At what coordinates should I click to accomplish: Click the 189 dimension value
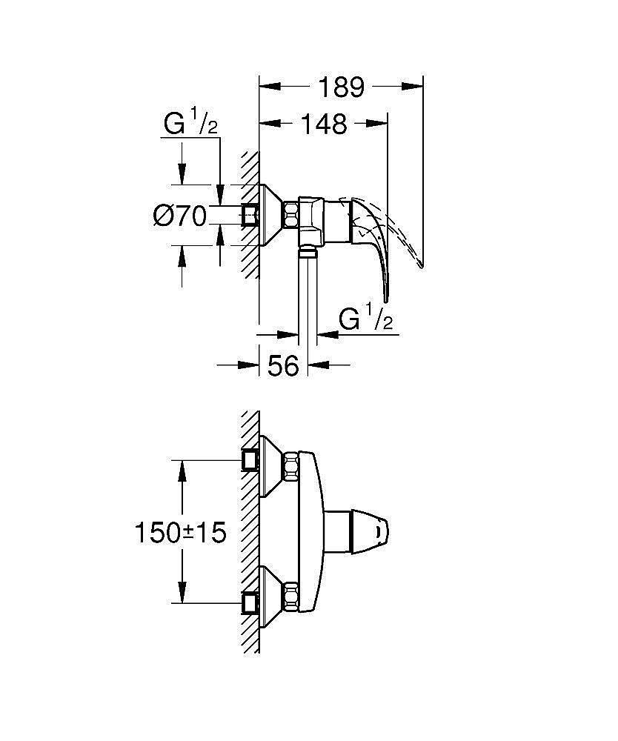pos(342,87)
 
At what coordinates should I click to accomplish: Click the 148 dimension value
pos(325,124)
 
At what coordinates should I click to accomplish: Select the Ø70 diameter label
pos(179,216)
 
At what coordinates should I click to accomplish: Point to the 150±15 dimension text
pos(179,533)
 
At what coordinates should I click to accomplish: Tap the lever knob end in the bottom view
pos(379,531)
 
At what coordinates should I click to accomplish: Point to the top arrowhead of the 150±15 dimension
pos(182,467)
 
